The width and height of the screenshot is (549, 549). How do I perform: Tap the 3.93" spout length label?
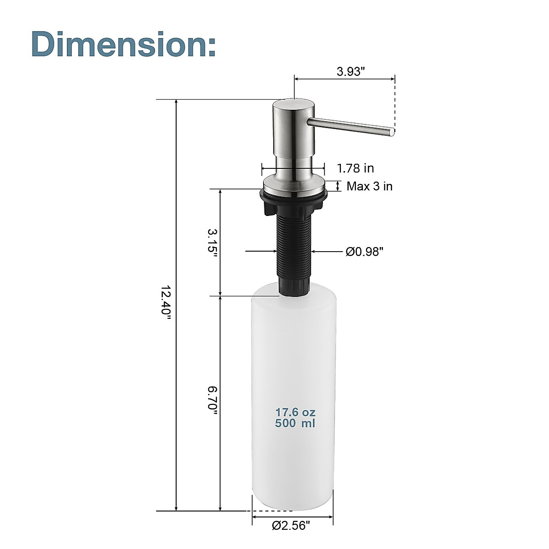350,71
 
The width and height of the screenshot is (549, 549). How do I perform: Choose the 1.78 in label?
355,168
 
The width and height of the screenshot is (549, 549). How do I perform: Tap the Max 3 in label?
369,186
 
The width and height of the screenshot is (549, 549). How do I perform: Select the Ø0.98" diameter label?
364,251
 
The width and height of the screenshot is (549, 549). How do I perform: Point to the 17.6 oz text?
295,413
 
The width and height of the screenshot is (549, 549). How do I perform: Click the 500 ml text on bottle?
295,423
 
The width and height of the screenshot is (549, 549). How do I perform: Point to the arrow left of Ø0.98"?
261,251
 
